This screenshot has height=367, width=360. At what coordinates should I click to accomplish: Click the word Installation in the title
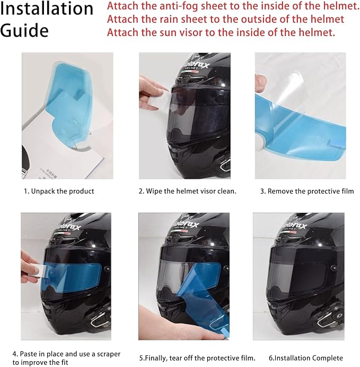coord(47,8)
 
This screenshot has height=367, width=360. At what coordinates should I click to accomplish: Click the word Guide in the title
coord(24,30)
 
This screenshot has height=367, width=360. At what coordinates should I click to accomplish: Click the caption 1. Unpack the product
coord(59,191)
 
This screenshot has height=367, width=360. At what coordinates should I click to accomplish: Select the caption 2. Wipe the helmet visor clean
coord(187,191)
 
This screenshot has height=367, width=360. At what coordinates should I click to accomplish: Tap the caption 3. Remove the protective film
coord(307,191)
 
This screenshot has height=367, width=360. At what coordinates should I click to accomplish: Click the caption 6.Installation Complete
coord(306,358)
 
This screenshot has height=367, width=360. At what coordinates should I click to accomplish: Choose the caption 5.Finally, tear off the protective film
coord(197,358)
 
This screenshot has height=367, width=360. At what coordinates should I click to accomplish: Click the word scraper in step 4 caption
coord(108,354)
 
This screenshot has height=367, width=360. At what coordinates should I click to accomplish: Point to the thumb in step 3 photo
coord(260,84)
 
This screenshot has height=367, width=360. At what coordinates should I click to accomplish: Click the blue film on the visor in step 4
coord(72,277)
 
